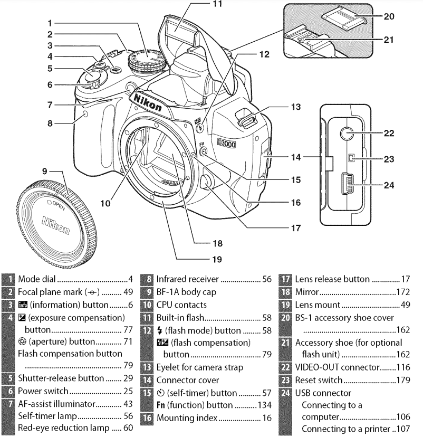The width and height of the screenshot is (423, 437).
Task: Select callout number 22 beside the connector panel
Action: click(389, 134)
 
